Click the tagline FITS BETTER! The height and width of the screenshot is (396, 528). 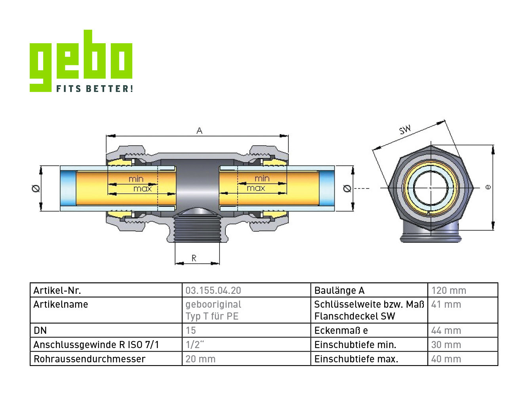(x=95, y=88)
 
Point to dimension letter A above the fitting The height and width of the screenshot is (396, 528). (x=199, y=131)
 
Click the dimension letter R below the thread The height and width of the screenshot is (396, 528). (x=194, y=258)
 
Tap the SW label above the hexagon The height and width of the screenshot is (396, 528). (x=405, y=130)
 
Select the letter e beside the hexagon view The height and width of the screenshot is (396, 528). (x=488, y=187)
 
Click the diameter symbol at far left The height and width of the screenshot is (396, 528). (x=36, y=188)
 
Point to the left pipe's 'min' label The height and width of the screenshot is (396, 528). (x=136, y=179)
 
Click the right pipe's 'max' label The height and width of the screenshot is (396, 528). (x=256, y=188)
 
